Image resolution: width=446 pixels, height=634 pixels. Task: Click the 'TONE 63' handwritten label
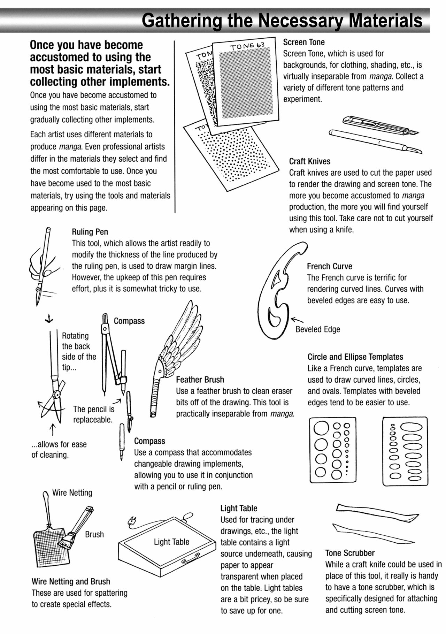(x=247, y=46)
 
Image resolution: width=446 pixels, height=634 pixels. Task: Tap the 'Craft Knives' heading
(x=309, y=161)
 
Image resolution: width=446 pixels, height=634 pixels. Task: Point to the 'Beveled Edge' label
(x=317, y=329)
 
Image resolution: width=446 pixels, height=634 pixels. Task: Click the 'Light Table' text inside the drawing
(x=171, y=542)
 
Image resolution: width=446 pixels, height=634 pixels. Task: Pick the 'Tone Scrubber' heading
(x=349, y=553)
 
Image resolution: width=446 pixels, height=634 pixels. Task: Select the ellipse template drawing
(x=405, y=451)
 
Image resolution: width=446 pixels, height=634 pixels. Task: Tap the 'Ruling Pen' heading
(x=90, y=232)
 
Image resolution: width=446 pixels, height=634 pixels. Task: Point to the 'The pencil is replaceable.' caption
(x=93, y=414)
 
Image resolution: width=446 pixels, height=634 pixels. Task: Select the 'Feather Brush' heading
(x=200, y=380)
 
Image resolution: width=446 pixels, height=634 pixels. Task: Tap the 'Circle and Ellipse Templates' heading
(x=355, y=357)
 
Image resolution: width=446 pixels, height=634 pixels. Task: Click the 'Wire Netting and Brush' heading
(x=71, y=581)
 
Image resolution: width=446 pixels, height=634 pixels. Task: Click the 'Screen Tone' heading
(x=303, y=42)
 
